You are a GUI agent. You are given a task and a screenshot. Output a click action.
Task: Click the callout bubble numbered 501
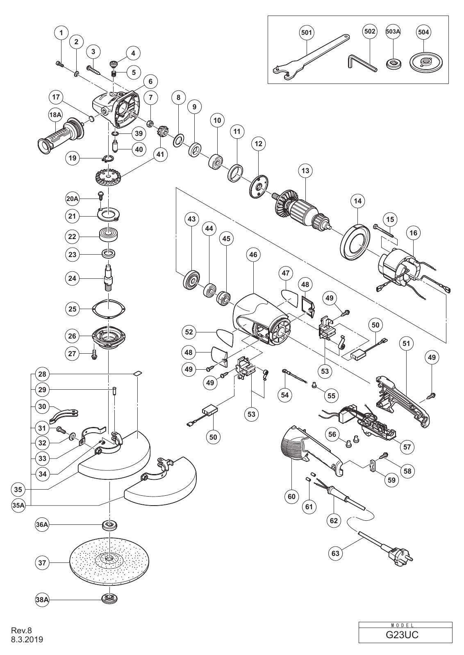coord(307,32)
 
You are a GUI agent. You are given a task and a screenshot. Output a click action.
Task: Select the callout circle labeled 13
coord(305,170)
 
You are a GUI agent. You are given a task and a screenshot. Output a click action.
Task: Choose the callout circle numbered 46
coord(253,255)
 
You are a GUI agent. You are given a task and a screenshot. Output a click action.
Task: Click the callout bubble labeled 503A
coord(393,32)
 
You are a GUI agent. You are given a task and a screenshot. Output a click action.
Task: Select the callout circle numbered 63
coord(335,553)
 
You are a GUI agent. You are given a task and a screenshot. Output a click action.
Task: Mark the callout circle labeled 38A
coord(42,600)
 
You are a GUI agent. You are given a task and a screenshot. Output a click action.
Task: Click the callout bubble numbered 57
coord(407,447)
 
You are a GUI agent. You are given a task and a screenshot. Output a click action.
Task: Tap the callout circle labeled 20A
coord(72,199)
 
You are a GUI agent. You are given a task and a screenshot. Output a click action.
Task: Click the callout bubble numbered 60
coord(292,497)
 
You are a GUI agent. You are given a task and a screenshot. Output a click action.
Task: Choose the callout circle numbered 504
coord(423,32)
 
